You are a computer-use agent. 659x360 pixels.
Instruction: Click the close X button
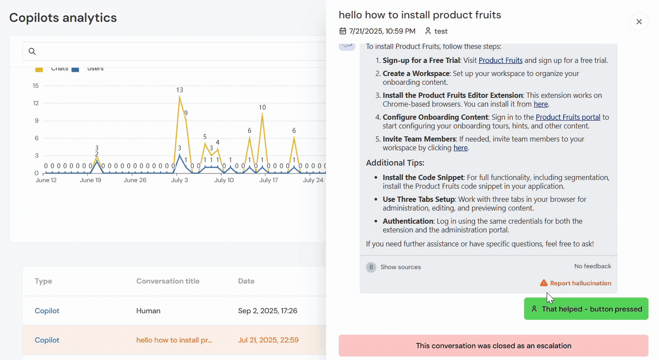tap(639, 21)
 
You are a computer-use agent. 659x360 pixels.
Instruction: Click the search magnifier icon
tap(32, 52)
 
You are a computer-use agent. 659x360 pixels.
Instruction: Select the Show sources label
tap(400, 267)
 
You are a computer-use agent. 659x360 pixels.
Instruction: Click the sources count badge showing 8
tap(371, 267)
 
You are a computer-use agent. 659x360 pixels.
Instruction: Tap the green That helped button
tap(586, 309)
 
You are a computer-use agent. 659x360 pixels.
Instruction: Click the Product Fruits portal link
tap(568, 117)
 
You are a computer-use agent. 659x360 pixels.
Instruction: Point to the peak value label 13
tap(180, 90)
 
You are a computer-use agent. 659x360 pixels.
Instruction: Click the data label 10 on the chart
tap(262, 107)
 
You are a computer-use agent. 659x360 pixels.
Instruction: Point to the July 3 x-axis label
tap(180, 180)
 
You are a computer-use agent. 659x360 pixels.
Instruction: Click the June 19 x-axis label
tap(90, 180)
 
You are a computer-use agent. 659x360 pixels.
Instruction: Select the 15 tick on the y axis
tap(36, 86)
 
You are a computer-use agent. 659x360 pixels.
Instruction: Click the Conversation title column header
tap(168, 281)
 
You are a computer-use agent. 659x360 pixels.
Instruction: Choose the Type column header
tap(43, 281)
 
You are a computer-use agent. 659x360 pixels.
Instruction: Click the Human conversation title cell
tap(148, 311)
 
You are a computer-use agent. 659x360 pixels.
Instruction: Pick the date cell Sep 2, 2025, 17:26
tap(267, 311)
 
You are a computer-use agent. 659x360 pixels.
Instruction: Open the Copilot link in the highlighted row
tap(47, 340)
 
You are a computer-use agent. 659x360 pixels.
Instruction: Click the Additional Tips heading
tap(395, 163)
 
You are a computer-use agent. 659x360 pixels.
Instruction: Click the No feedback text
tap(593, 266)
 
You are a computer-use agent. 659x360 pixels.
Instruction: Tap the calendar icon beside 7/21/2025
tap(343, 31)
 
